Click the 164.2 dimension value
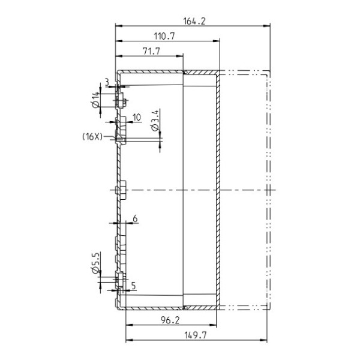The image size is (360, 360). coord(194,21)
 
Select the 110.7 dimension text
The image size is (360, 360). coord(164,36)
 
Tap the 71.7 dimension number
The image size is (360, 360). coord(151,51)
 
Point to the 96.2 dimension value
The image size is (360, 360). coord(170,320)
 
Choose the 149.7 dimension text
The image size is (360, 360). coord(196,335)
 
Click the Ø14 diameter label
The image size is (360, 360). coord(96,100)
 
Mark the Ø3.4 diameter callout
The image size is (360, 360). coord(155,121)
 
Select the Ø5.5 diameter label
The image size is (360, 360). coord(96,263)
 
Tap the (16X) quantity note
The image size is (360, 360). coord(92,137)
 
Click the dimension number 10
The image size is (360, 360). coord(137,118)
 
